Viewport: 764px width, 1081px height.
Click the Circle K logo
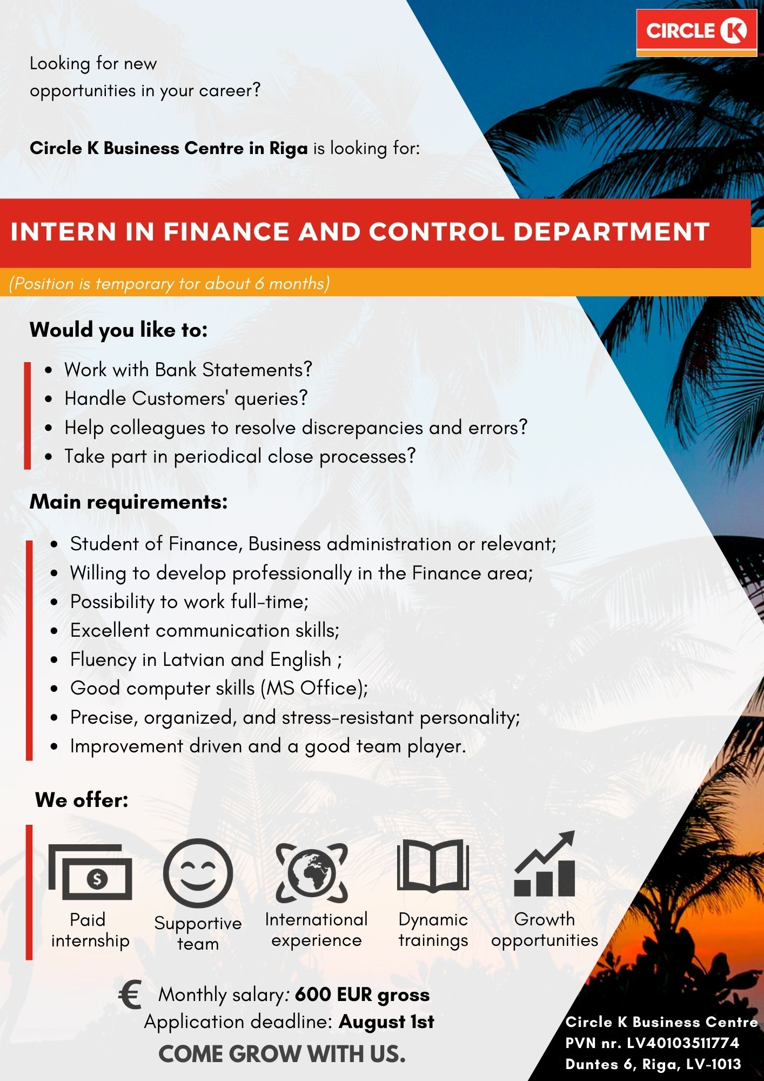[696, 32]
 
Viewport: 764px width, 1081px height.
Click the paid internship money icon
[90, 871]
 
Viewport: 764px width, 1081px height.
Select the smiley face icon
[198, 872]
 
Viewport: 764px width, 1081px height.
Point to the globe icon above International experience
[312, 872]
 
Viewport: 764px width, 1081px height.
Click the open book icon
[433, 865]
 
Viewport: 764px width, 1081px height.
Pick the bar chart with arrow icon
[545, 864]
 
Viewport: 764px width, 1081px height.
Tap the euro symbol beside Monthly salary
[130, 995]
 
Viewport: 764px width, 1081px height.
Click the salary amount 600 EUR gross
[362, 995]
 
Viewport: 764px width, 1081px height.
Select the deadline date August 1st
[386, 1022]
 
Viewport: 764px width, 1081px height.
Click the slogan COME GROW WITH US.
[282, 1054]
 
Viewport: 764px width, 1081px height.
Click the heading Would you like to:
[119, 330]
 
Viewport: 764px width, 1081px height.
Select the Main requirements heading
[129, 502]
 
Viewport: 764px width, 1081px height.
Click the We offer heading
[82, 800]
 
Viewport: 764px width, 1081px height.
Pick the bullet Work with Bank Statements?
[189, 370]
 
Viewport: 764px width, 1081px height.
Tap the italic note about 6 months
[169, 283]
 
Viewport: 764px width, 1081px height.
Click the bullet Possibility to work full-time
[190, 602]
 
